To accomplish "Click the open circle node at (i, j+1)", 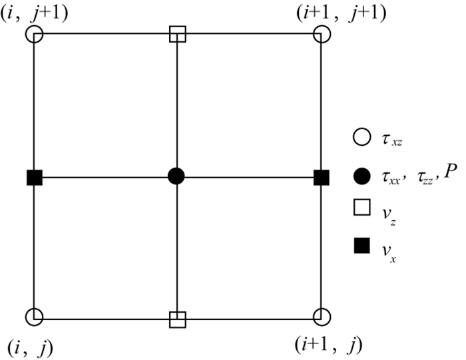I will pos(35,33).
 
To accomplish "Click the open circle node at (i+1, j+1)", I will pos(322,34).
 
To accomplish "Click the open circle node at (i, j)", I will pos(35,318).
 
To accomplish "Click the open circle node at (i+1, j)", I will pos(322,318).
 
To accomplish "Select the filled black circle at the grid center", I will pos(176,176).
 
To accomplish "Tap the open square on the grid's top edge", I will pos(177,33).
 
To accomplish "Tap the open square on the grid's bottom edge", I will pos(177,319).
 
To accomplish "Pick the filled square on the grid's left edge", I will pos(35,177).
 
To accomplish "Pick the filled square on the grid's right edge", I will pos(322,177).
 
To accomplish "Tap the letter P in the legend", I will pos(451,174).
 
